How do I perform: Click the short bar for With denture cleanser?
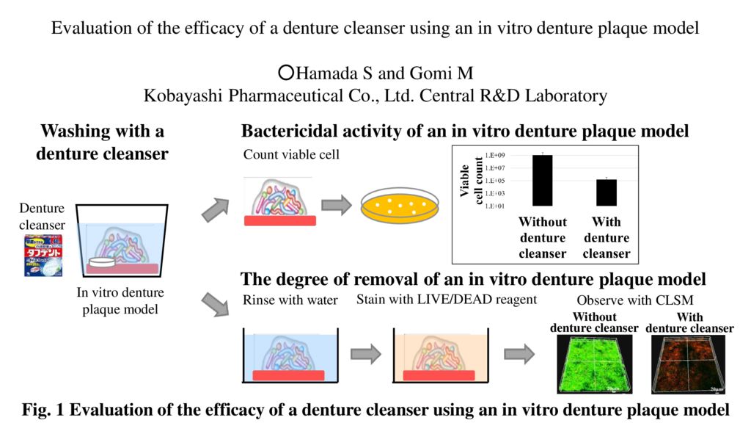[606, 192]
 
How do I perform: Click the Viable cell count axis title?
[469, 181]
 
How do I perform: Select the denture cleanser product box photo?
[43, 255]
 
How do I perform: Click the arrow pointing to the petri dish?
[337, 206]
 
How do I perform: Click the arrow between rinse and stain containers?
[367, 354]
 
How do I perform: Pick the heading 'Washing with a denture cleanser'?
[103, 142]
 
